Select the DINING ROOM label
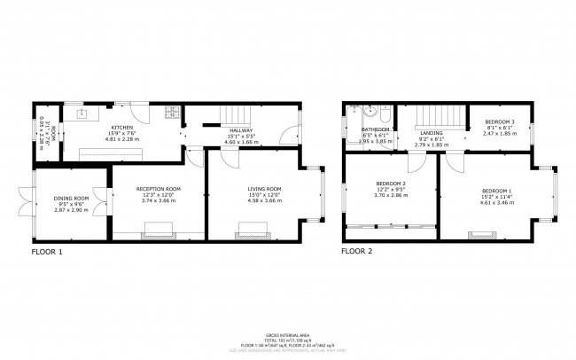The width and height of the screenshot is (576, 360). coord(72,198)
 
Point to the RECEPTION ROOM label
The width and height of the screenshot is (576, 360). coord(159,189)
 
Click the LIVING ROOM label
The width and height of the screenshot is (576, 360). coord(264,189)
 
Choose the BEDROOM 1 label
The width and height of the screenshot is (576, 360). coord(496,192)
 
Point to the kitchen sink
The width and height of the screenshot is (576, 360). coord(81,114)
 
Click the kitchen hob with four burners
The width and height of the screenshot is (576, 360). coord(175,113)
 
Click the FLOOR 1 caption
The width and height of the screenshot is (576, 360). coord(48,252)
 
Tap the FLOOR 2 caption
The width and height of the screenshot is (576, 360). coord(357,252)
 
